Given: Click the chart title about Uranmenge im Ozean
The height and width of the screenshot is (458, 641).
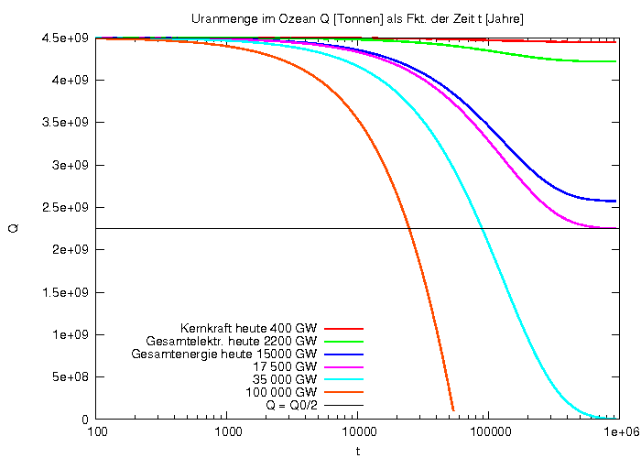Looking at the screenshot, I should coord(357,18).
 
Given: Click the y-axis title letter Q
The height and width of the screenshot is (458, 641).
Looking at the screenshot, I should coord(13,228).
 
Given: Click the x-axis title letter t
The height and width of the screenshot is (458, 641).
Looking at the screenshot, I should coord(357,451).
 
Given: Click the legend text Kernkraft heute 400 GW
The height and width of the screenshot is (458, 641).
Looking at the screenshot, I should coord(249,328).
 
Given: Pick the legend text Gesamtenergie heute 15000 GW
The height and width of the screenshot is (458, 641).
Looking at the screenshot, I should coord(224,354).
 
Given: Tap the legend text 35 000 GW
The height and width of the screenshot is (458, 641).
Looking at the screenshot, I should coord(284,379).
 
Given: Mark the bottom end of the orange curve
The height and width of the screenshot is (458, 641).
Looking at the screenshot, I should coord(453,410).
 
